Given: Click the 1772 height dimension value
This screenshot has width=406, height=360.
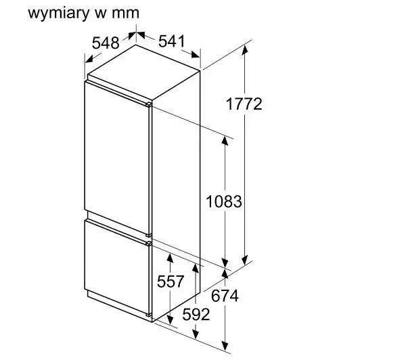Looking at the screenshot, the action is pos(244,104).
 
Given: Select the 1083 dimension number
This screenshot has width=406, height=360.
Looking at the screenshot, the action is pos(224,202).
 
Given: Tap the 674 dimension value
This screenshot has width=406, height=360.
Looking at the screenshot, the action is pos(225,296).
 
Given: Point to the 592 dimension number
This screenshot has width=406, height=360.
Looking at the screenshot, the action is pos(196,315).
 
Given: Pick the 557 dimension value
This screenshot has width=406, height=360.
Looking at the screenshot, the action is pos(171,282).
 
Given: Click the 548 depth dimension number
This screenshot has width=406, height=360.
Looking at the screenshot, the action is pos(106,43).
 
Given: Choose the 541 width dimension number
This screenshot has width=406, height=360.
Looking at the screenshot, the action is pos(172,41).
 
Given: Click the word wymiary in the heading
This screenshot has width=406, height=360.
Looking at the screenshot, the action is pos(58,14).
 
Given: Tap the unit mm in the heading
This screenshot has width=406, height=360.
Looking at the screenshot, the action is pos(126,14).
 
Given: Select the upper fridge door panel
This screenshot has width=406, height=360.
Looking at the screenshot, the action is pos(117,158).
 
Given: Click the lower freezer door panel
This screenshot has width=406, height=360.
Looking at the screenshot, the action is pos(117,268).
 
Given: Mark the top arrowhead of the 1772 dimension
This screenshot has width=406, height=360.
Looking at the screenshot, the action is pos(245,49).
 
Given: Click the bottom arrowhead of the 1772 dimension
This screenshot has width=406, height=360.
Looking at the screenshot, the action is pos(245,260).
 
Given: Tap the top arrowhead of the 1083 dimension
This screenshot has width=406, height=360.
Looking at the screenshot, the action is pos(225,141).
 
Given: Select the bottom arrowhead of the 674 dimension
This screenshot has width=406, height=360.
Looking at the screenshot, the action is pos(225,346).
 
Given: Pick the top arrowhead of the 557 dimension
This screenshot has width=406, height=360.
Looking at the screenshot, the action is pos(170,258).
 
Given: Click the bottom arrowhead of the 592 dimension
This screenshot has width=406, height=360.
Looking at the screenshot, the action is pos(196,334).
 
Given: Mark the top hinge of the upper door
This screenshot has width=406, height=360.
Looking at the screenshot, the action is pos(148,104).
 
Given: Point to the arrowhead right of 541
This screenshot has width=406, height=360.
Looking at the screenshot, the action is pos(196,54).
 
